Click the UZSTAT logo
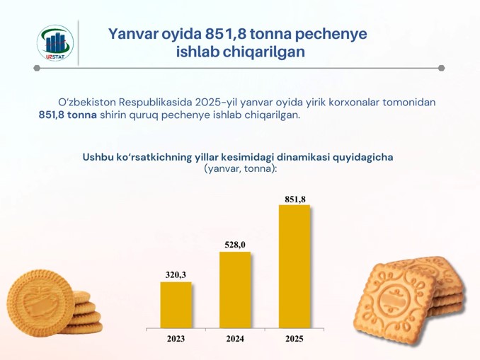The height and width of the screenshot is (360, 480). [x=55, y=43]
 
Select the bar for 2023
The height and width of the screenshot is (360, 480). [x=176, y=305]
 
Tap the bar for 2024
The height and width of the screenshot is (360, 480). [x=235, y=290]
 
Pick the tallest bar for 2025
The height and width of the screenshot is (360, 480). [x=295, y=267]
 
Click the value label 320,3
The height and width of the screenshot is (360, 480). [x=176, y=274]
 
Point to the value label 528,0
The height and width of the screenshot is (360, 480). [x=235, y=245]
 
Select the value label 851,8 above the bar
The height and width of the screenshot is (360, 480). [x=295, y=199]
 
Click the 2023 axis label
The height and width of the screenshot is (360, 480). [x=176, y=339]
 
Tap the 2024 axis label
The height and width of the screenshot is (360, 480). [x=235, y=339]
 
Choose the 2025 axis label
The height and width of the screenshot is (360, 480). [x=295, y=339]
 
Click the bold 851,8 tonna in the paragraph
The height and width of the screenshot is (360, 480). [x=68, y=115]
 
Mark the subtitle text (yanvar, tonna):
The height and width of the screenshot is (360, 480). [x=240, y=168]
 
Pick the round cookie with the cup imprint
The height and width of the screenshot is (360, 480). [x=40, y=303]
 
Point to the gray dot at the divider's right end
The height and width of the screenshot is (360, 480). [x=441, y=68]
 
